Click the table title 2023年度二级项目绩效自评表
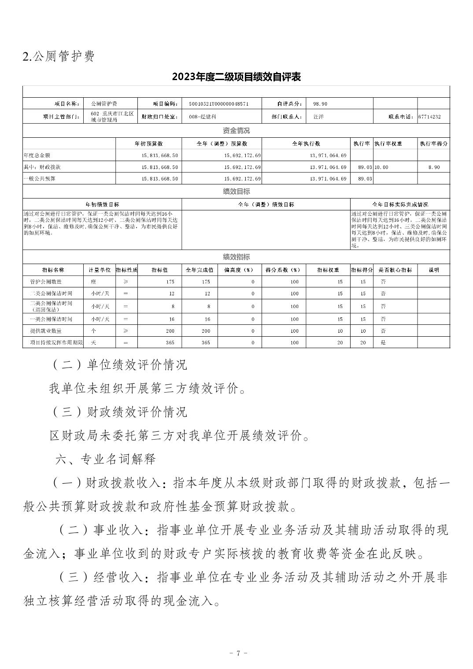pos(236,77)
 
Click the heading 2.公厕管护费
pos(59,56)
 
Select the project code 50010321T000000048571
pos(219,104)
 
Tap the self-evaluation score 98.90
pos(320,104)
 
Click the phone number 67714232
pos(430,117)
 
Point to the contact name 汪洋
pos(318,117)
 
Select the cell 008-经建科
pos(202,117)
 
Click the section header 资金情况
pos(236,131)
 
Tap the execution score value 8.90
pos(433,167)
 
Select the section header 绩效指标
pos(236,257)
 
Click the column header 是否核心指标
pos(395,270)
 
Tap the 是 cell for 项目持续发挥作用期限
pos(383,342)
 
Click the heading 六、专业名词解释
pos(106,459)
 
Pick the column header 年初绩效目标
pos(102,205)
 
